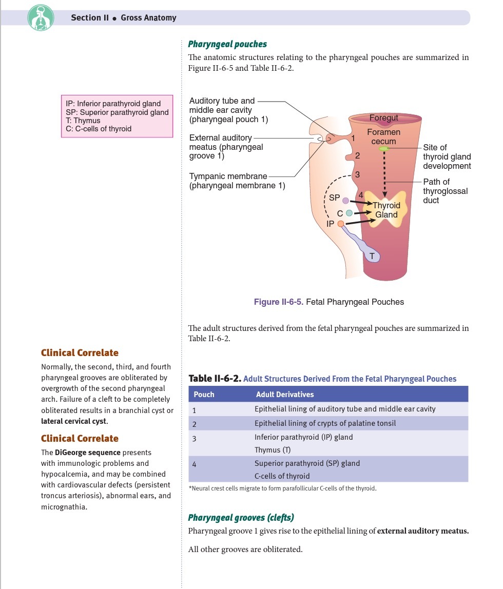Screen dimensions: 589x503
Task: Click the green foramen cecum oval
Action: click(383, 149)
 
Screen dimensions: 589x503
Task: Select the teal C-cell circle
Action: click(349, 212)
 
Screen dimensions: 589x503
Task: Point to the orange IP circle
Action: click(340, 224)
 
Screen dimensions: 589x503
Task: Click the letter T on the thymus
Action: click(372, 255)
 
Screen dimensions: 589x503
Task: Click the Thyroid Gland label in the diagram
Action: click(386, 210)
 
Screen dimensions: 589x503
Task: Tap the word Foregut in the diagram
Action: click(383, 118)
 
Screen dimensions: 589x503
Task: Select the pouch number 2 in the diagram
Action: click(357, 155)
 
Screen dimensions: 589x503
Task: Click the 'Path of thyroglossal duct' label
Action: click(444, 191)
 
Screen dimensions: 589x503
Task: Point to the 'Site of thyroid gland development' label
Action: click(447, 156)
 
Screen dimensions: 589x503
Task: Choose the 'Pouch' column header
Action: click(204, 395)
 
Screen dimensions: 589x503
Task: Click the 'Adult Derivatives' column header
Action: click(284, 395)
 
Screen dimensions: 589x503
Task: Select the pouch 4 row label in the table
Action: click(195, 464)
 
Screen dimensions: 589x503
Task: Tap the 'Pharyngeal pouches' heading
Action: click(227, 44)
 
